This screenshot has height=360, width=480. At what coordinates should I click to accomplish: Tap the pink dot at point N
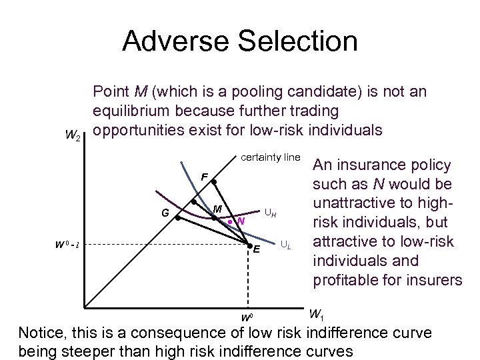click(229, 221)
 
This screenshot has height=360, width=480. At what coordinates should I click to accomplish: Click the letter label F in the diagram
click(204, 177)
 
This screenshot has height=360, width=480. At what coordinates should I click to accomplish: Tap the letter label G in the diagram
click(164, 213)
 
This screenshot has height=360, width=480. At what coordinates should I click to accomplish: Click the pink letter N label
click(240, 221)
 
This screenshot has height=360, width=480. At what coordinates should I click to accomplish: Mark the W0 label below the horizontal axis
click(246, 315)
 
